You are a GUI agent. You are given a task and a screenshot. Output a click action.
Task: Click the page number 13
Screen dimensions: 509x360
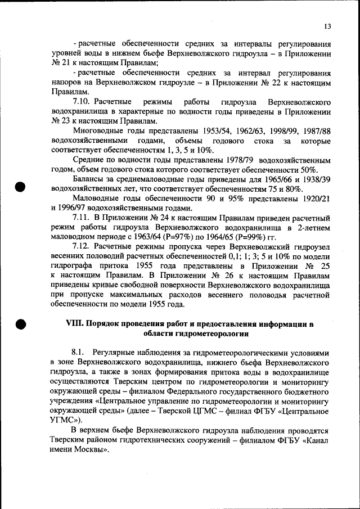coord(327,27)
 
